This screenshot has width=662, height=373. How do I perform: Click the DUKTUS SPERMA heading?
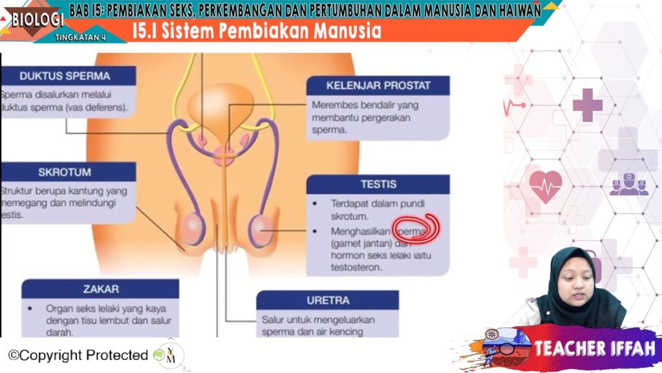pyautogui.click(x=65, y=76)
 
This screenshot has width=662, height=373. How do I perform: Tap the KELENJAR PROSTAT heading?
pyautogui.click(x=378, y=85)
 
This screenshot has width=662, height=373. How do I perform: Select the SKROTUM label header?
pyautogui.click(x=64, y=172)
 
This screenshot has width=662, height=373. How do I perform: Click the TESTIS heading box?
pyautogui.click(x=378, y=184)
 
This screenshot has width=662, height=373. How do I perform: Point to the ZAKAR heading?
pyautogui.click(x=101, y=289)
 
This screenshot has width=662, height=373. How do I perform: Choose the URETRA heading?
pyautogui.click(x=328, y=300)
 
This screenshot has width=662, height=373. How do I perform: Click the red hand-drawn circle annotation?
pyautogui.click(x=419, y=228)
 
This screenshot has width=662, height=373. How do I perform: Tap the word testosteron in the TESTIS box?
pyautogui.click(x=357, y=266)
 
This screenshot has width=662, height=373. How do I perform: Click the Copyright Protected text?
pyautogui.click(x=78, y=355)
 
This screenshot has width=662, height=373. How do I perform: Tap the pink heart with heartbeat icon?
pyautogui.click(x=546, y=185)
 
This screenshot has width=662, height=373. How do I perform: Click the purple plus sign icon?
pyautogui.click(x=587, y=105)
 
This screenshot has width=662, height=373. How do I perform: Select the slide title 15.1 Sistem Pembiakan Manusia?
pyautogui.click(x=257, y=30)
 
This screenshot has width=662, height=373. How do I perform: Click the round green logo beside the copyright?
pyautogui.click(x=169, y=355)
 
